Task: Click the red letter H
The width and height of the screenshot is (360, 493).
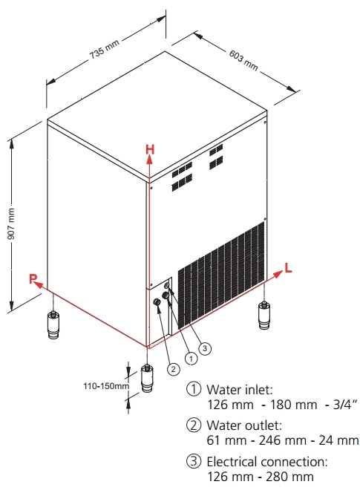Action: (150, 148)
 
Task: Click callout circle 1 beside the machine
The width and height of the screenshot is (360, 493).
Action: (192, 357)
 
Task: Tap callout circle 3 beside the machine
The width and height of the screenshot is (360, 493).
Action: (206, 346)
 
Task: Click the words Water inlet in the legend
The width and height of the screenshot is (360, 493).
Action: (239, 389)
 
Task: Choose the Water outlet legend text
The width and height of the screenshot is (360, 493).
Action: (243, 425)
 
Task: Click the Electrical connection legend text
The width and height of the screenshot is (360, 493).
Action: (264, 462)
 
